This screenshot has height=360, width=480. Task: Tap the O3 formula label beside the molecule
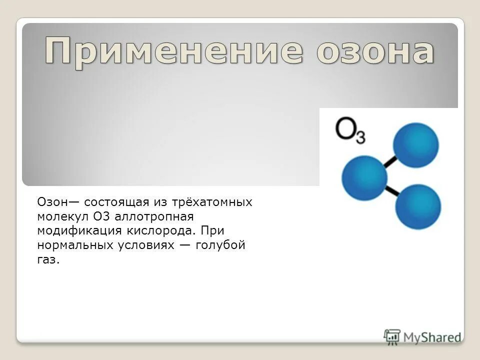(x=350, y=131)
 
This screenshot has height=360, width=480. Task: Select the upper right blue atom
(x=415, y=145)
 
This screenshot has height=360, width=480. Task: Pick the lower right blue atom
(x=418, y=206)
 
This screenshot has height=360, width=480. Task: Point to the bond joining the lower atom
(x=391, y=191)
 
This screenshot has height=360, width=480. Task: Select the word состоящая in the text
(x=116, y=202)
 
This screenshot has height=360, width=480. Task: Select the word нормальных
(x=73, y=245)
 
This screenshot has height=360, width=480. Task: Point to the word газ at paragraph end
(x=47, y=260)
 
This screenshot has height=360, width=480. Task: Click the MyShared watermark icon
(x=392, y=336)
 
